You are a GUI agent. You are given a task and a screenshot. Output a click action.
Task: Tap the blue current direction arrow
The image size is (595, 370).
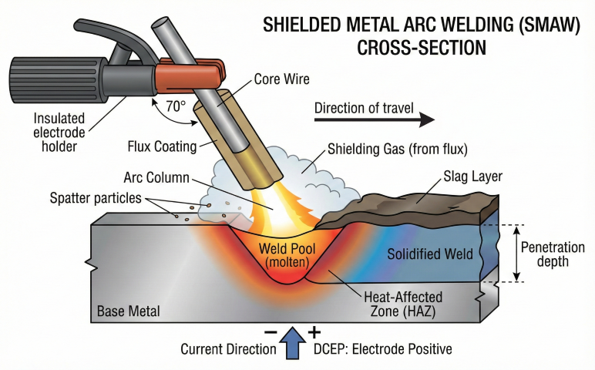(294, 343)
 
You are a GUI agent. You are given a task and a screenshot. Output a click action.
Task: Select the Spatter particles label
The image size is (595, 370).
(94, 198)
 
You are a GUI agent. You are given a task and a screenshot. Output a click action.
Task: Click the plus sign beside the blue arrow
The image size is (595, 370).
(314, 332)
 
